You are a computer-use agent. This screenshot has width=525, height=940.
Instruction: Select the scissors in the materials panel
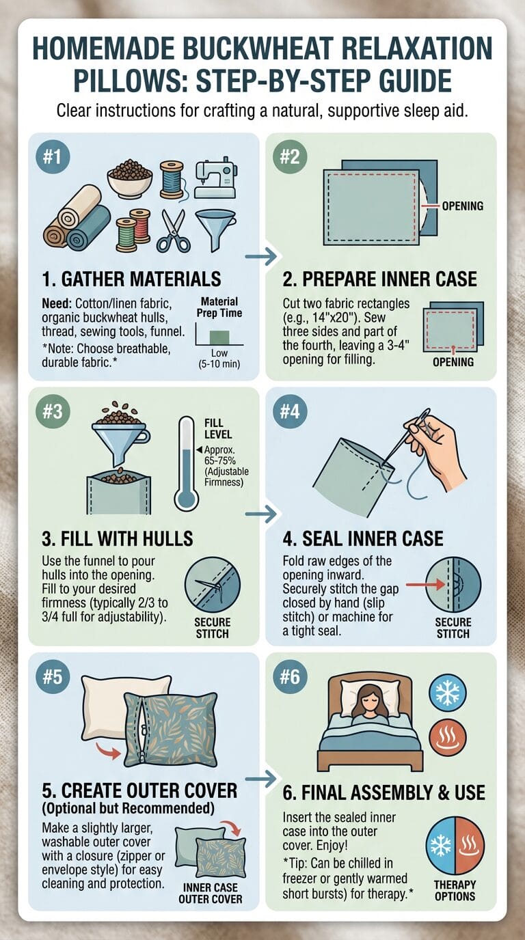tap(174, 231)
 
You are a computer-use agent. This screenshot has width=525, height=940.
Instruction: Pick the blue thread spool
tap(172, 180)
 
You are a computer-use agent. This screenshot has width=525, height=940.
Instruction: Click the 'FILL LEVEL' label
tap(218, 429)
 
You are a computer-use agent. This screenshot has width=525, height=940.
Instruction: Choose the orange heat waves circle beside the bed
tap(448, 738)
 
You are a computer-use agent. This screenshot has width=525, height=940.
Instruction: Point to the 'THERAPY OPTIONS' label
tap(455, 890)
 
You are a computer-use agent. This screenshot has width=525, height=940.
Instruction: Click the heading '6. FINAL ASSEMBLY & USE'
tap(383, 792)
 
